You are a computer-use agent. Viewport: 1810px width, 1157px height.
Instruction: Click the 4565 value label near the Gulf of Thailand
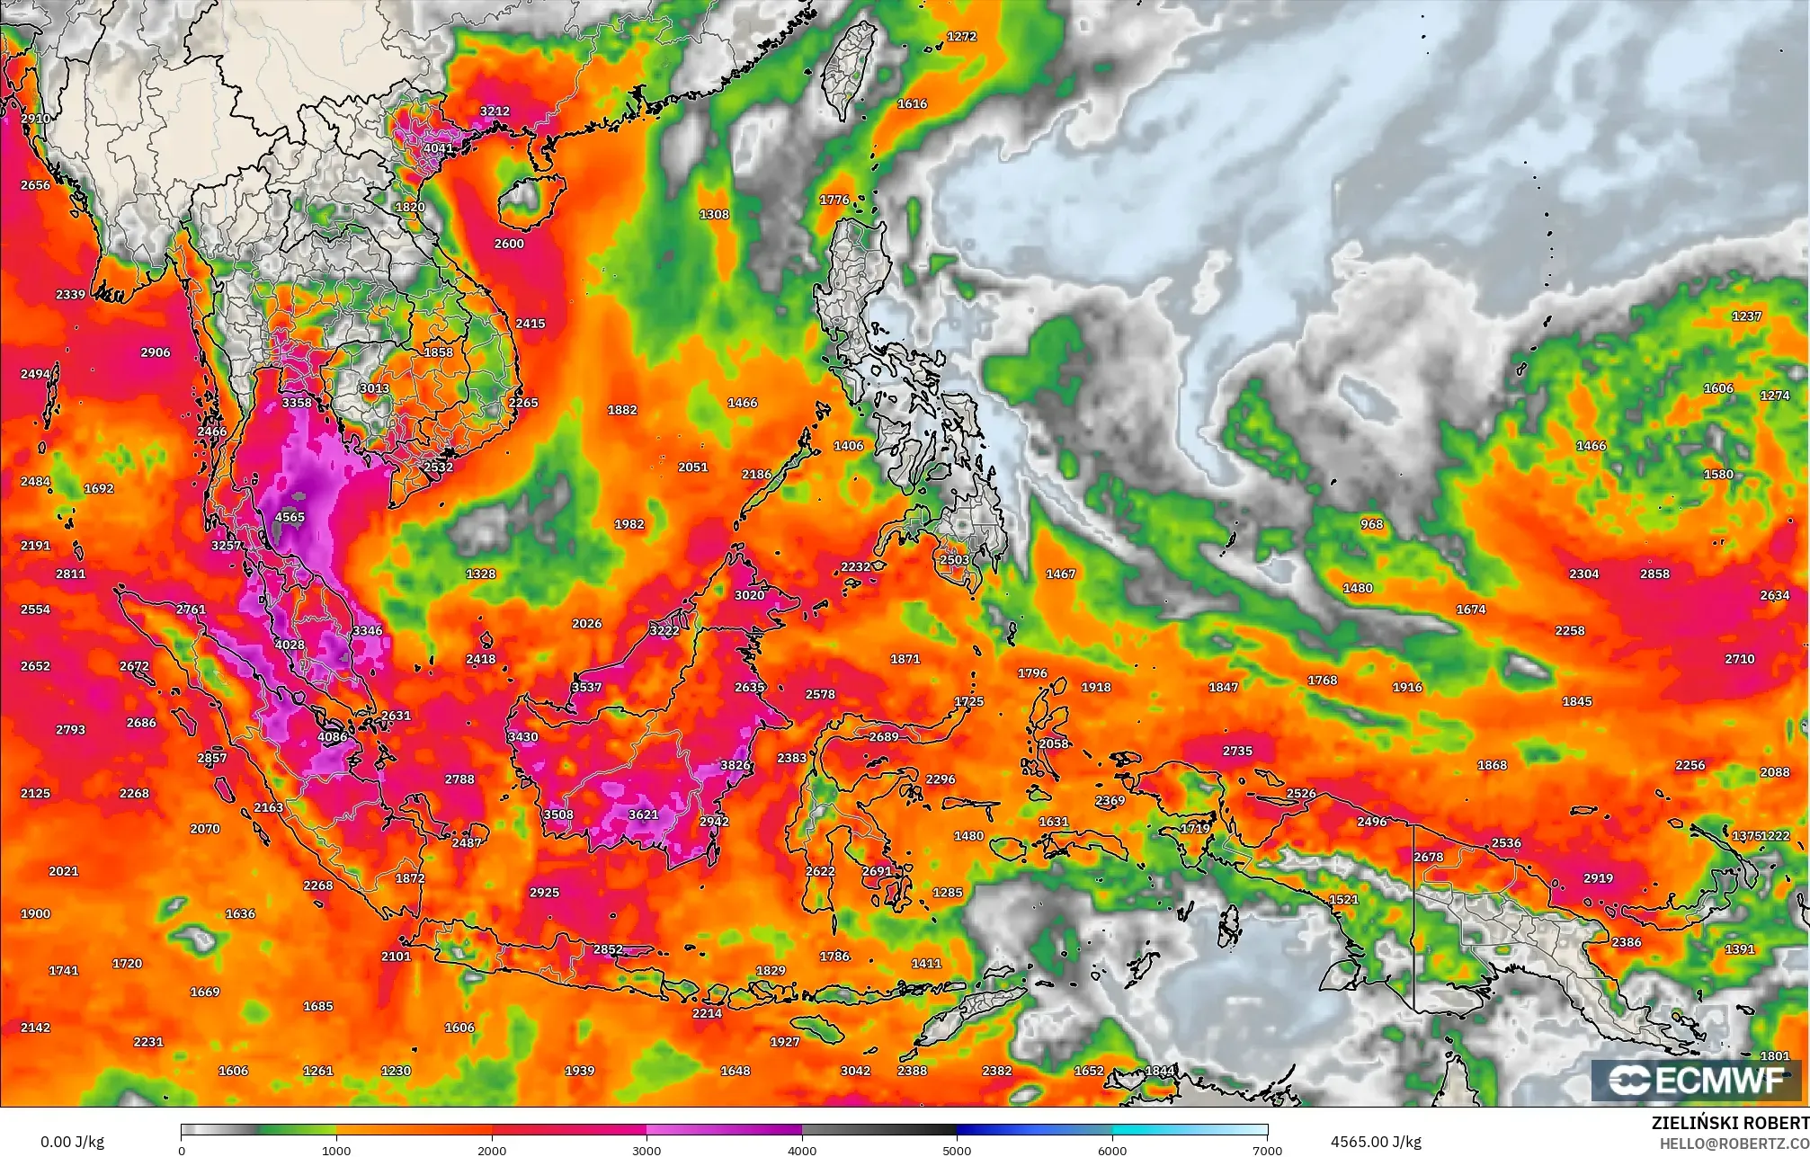coord(290,517)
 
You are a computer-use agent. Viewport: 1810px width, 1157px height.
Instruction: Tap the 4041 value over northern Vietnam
coord(439,148)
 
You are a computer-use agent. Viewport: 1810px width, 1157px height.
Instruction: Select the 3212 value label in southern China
coord(495,111)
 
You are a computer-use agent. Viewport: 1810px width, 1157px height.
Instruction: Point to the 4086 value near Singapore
coord(332,737)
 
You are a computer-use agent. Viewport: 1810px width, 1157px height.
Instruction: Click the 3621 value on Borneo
coord(643,814)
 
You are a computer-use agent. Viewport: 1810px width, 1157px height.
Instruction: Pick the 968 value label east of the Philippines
coord(1371,524)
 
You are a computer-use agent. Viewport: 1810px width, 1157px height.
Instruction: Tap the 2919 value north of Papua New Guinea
coord(1598,878)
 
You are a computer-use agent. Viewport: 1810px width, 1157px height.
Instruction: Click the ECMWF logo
coord(1697,1081)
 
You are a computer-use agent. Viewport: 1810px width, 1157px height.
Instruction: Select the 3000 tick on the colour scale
coord(646,1150)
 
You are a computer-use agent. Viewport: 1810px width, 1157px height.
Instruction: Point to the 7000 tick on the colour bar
coord(1267,1150)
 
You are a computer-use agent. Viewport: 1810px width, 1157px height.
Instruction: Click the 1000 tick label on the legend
coord(336,1150)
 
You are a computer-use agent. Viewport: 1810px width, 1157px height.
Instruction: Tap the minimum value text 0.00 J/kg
coord(73,1142)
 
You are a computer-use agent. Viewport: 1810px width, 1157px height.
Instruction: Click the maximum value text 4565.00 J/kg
coord(1376,1142)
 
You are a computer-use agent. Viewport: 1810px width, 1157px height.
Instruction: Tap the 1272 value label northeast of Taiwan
coord(961,37)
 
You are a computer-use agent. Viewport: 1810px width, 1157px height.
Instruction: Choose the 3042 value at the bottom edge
coord(855,1071)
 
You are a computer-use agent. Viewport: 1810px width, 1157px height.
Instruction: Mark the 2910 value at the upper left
coord(35,119)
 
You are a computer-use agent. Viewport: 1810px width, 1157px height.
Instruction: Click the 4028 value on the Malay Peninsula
coord(290,645)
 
